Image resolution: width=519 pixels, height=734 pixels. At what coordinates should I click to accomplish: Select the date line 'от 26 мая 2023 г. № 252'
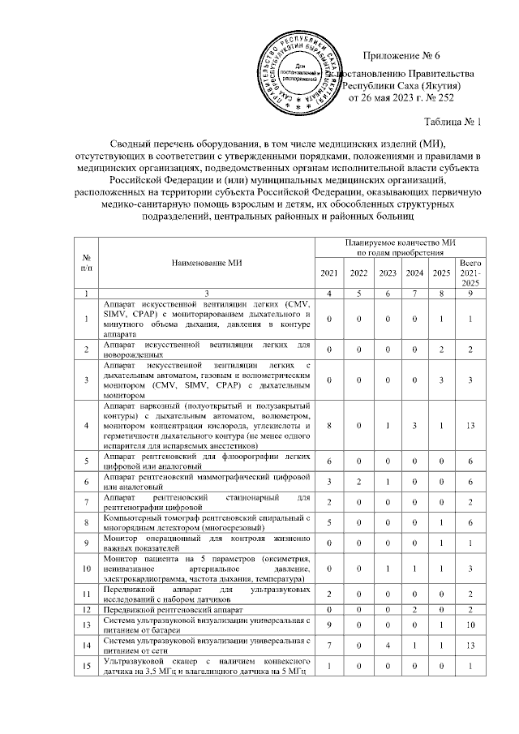(x=401, y=97)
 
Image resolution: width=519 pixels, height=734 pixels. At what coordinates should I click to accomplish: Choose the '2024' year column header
(x=414, y=272)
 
